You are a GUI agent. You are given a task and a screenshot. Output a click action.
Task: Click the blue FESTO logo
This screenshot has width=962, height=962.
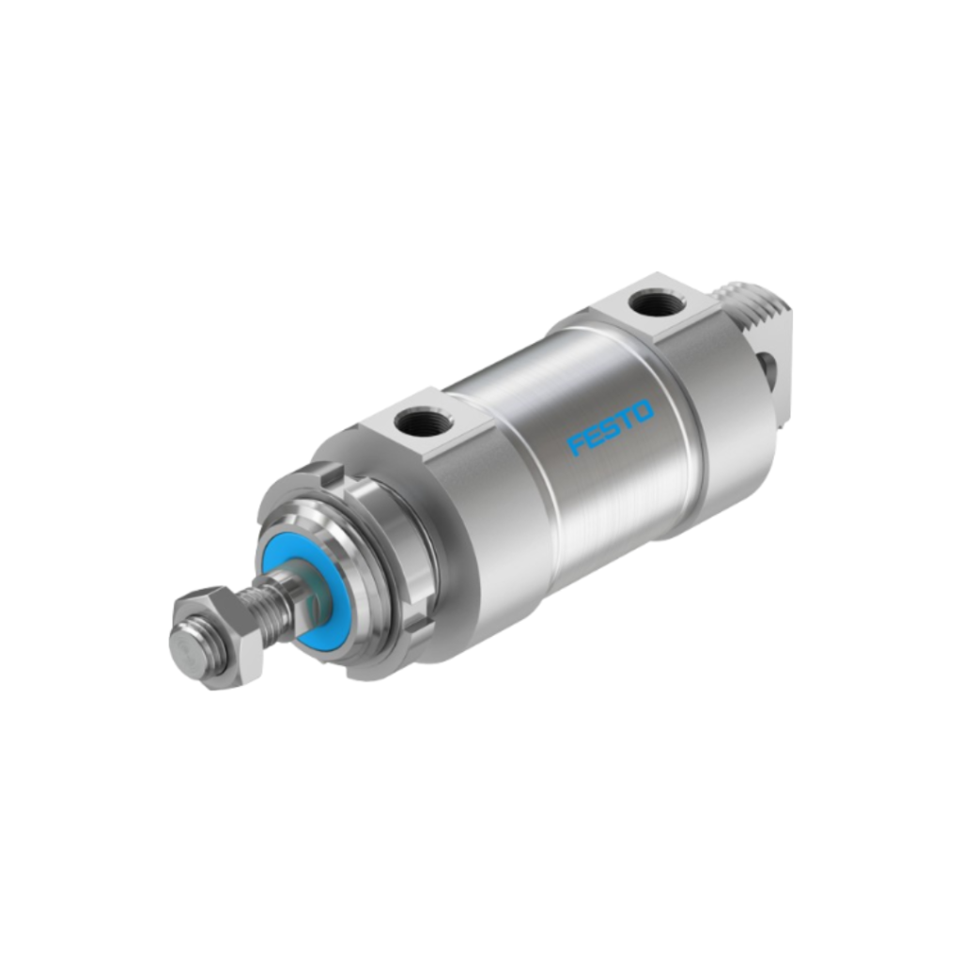click(x=611, y=427)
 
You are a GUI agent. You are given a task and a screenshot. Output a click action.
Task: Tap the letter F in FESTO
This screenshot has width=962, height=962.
click(x=576, y=444)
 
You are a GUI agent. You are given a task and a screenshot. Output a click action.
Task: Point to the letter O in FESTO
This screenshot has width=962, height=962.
click(x=644, y=411)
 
